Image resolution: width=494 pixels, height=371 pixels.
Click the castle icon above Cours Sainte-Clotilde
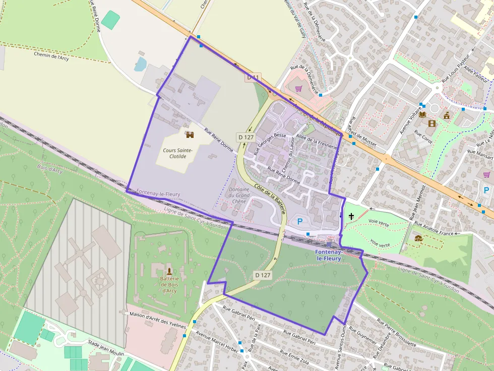tap(190, 134)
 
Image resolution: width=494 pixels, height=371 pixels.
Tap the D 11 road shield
tap(253, 78)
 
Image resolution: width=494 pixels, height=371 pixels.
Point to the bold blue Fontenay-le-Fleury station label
tap(328, 255)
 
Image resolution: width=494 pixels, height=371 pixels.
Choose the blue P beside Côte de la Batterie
tap(300, 221)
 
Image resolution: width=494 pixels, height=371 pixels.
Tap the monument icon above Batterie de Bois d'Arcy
tap(169, 271)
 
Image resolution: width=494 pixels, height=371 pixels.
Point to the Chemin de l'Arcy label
tap(51, 56)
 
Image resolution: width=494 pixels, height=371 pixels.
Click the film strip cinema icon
tap(431, 123)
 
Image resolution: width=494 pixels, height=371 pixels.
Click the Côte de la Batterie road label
tap(270, 198)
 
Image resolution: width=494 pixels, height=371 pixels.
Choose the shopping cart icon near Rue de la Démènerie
tap(298, 89)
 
